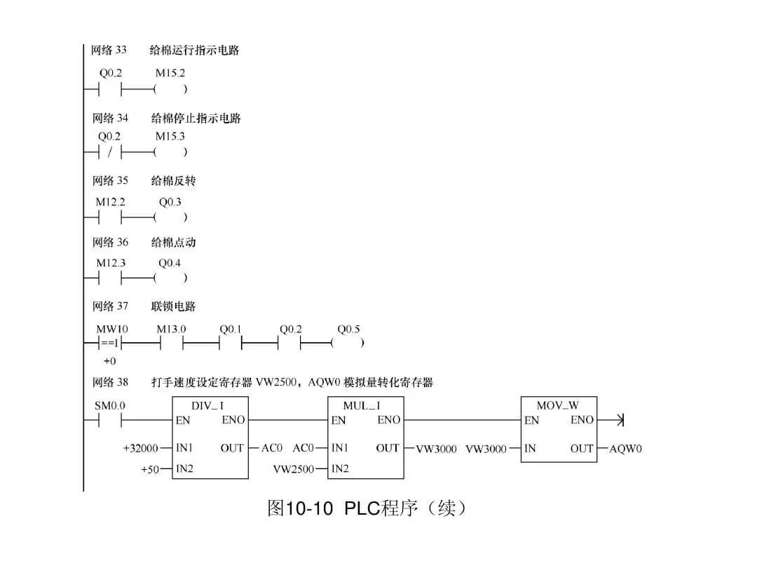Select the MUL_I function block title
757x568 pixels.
click(362, 405)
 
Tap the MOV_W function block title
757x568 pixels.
click(557, 405)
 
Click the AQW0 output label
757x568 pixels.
click(625, 449)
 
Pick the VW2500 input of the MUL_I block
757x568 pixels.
click(294, 468)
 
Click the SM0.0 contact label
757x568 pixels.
click(109, 405)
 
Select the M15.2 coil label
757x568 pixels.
click(170, 73)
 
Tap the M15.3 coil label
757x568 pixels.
click(170, 136)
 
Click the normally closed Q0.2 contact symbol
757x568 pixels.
click(110, 152)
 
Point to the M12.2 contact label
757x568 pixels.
click(110, 201)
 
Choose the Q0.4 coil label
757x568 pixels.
click(170, 263)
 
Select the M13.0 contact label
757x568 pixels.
click(171, 328)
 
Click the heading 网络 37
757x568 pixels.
click(110, 306)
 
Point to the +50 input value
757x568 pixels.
click(150, 469)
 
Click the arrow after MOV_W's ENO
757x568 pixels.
click(619, 421)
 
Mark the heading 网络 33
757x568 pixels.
click(109, 50)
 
